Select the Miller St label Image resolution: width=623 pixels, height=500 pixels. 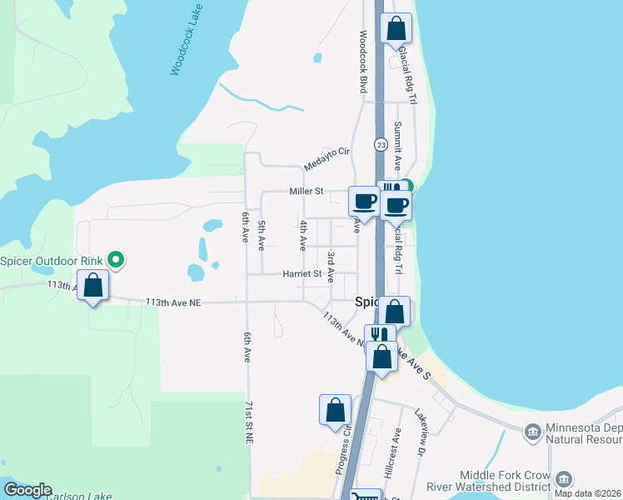pos(306,191)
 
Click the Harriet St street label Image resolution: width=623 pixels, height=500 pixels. pos(302,272)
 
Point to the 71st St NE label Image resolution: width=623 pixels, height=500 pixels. pos(248,422)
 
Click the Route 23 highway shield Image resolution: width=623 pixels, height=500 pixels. pos(381,144)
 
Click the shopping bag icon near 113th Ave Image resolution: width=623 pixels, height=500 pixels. pos(93,286)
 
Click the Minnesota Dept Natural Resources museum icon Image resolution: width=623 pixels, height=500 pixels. pos(532,432)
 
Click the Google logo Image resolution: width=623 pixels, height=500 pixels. pos(27,490)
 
